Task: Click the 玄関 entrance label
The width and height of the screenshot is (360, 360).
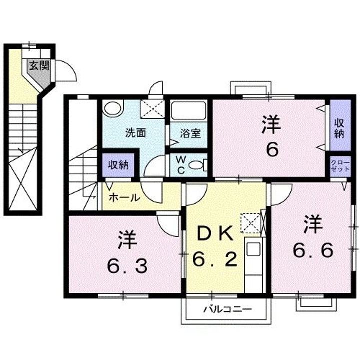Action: [35, 65]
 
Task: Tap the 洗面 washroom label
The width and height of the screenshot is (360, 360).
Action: [135, 133]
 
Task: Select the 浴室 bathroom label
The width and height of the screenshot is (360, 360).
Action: [190, 133]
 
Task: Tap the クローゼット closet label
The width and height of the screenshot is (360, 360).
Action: [340, 165]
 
